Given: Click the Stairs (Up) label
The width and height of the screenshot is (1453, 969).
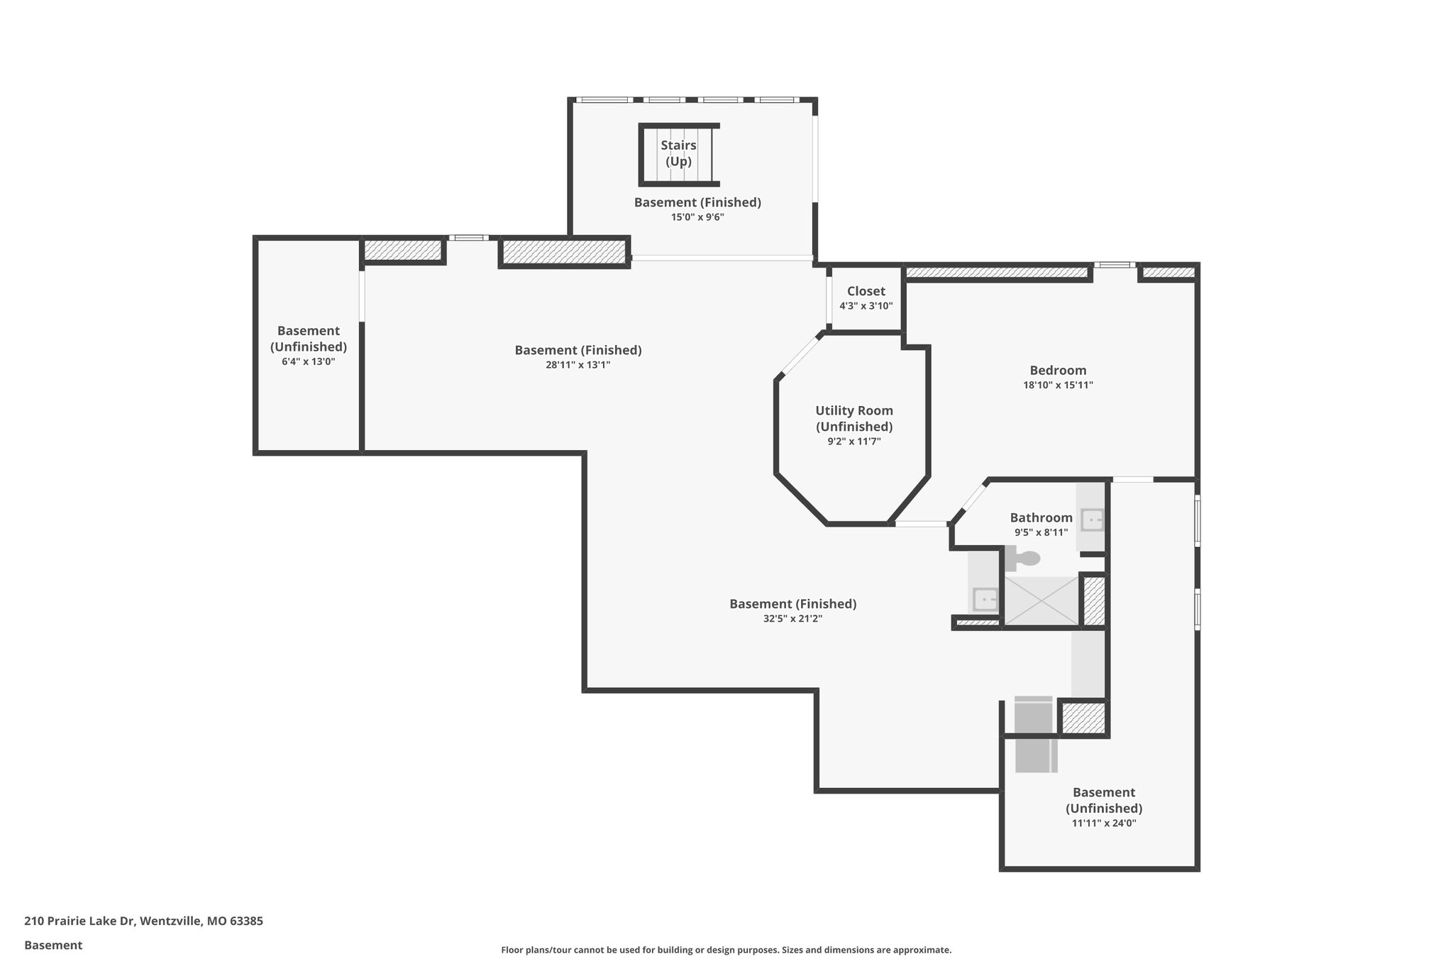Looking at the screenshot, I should (678, 153).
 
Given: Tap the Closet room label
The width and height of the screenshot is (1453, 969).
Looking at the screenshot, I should (866, 291).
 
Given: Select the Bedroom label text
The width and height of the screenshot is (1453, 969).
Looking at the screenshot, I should (1058, 370).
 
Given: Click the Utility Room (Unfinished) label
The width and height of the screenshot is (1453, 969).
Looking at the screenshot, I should (853, 418).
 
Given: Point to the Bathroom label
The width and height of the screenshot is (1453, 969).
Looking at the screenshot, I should (1041, 518).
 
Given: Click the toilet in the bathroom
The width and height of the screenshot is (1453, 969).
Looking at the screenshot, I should (1022, 558).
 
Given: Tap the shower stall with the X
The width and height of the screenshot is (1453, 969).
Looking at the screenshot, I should (1041, 601).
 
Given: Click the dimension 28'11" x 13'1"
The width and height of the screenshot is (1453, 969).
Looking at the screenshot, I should (578, 365).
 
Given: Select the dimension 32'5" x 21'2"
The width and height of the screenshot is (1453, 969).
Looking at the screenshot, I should (792, 618).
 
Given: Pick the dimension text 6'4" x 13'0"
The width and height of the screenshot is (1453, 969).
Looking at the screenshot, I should (308, 361).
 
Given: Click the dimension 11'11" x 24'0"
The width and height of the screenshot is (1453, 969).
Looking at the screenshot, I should (1103, 823).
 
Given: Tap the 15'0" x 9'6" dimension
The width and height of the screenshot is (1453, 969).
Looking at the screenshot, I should (697, 217).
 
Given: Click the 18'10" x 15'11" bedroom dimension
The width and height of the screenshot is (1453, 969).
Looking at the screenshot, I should (1058, 385).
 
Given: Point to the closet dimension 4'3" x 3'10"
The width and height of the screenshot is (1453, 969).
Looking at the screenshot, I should (866, 306).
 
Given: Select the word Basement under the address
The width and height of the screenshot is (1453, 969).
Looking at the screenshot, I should (53, 946).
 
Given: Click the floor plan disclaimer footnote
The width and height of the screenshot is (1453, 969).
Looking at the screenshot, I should (726, 950).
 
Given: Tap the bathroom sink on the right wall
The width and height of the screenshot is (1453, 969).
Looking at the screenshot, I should (1091, 520).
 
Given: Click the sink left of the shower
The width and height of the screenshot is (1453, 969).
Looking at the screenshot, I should (985, 600).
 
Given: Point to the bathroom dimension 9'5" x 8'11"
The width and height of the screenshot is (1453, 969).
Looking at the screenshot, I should (1041, 532).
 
